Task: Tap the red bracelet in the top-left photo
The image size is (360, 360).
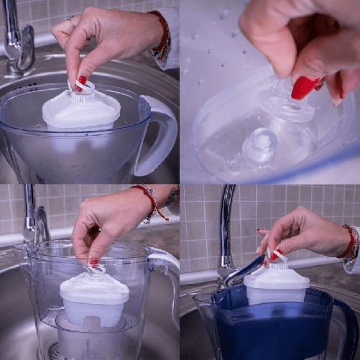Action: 163,36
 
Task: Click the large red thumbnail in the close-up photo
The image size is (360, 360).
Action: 305,87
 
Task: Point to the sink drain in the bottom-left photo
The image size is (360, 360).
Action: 54,351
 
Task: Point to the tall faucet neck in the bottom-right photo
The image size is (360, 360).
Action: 226,223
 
